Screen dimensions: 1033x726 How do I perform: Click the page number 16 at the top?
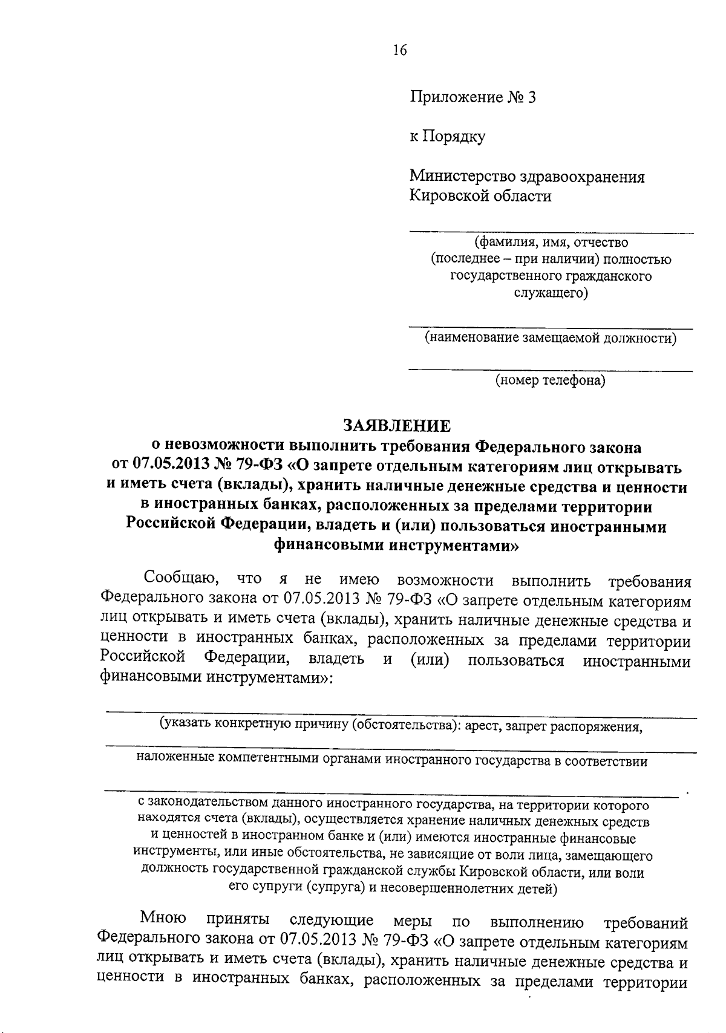tap(399, 50)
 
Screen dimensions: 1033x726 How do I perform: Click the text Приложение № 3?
tap(473, 97)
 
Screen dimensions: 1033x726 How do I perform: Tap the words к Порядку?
tap(447, 137)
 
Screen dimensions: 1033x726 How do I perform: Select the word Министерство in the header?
tap(462, 177)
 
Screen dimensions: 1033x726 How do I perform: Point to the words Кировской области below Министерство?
tap(480, 196)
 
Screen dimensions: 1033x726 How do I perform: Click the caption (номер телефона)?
tap(551, 380)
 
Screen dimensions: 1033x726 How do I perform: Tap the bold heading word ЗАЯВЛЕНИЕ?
tap(397, 426)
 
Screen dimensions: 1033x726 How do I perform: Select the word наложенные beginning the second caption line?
tap(174, 761)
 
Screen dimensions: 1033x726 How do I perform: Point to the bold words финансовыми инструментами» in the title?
tap(396, 545)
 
